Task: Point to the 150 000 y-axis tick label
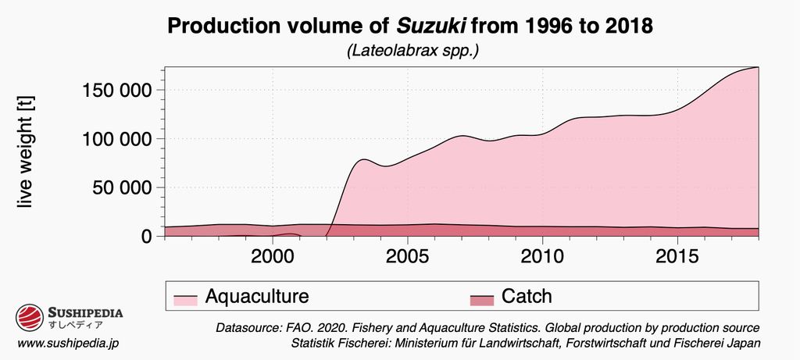116,91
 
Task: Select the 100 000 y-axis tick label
116,139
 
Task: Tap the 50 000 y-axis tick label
120,187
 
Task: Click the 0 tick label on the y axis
145,236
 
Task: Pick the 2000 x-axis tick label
273,257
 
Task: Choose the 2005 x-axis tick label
408,257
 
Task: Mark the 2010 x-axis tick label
543,257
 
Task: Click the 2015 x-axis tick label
677,257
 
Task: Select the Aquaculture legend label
257,297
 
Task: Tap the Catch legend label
527,297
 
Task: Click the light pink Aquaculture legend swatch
184,298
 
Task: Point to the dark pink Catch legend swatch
482,298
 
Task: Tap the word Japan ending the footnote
743,344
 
